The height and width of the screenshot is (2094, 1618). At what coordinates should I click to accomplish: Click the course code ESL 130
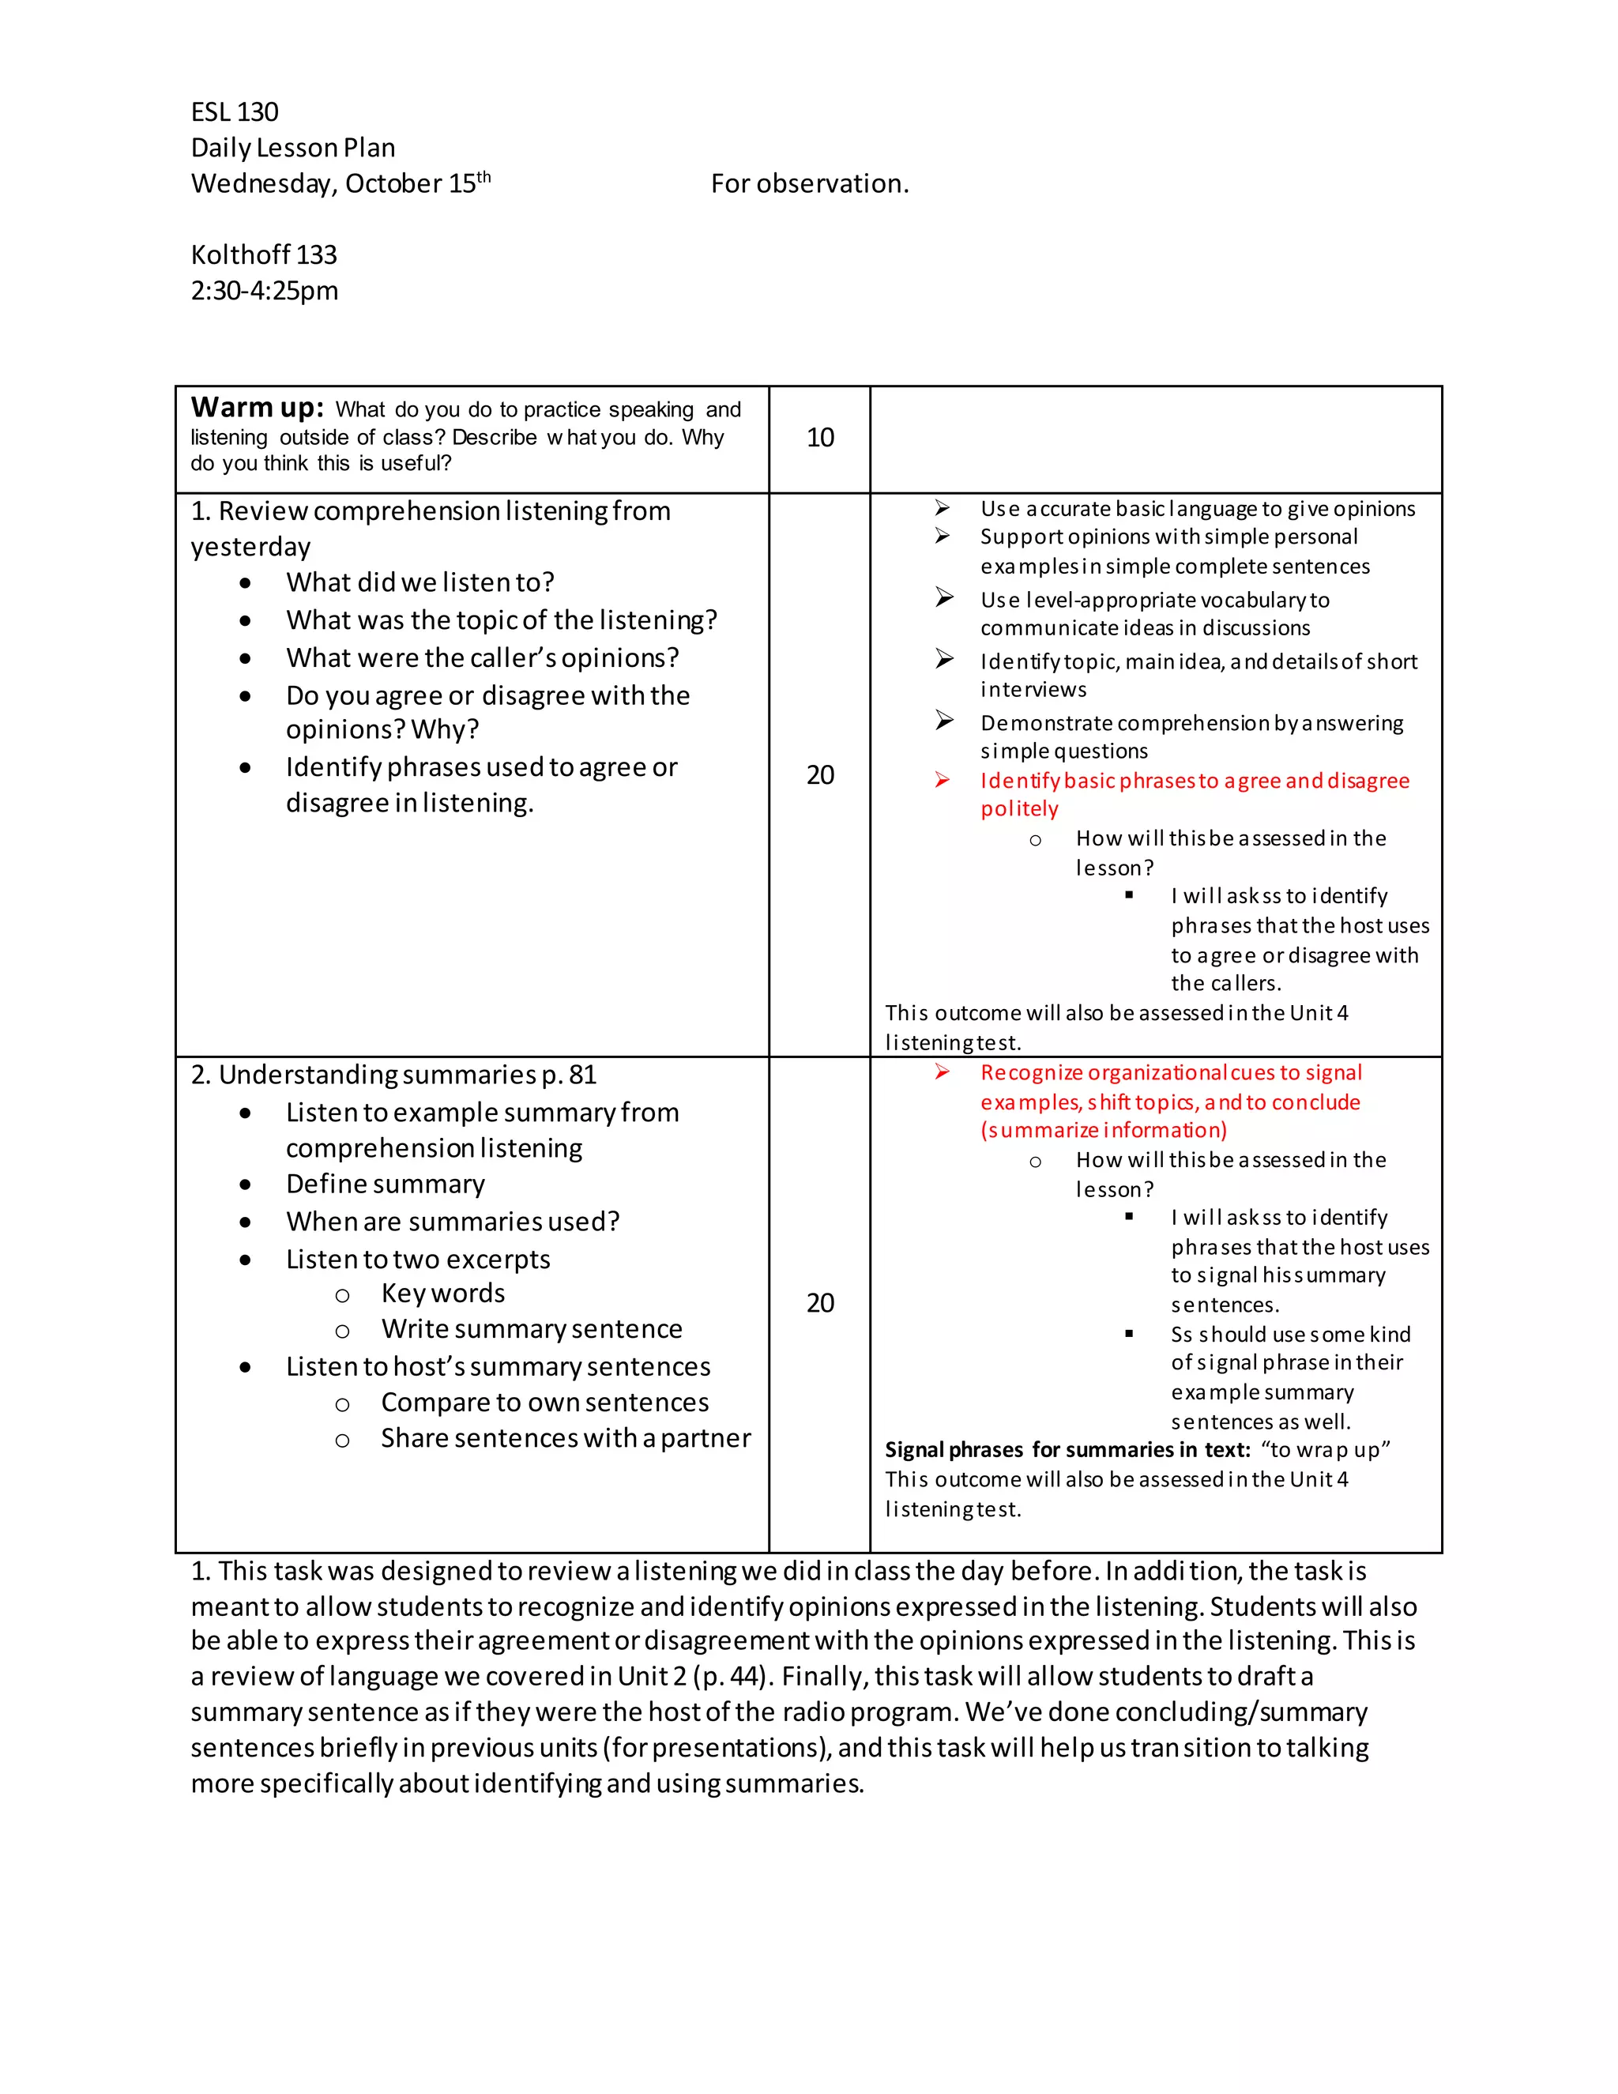(x=234, y=112)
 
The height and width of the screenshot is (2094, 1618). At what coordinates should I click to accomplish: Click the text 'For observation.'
(x=809, y=183)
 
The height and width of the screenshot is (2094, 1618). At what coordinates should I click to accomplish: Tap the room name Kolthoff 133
(x=264, y=255)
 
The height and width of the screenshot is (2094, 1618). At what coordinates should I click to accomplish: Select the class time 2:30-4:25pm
(x=264, y=291)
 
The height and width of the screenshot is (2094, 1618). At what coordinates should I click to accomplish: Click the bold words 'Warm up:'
(x=257, y=408)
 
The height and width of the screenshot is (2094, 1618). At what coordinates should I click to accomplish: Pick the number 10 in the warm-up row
(x=819, y=439)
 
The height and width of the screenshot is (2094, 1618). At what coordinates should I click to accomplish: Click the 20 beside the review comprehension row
(x=819, y=774)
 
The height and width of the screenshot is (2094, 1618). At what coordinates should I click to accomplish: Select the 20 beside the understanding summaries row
(x=819, y=1303)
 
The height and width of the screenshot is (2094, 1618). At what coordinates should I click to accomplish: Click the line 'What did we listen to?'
(x=420, y=583)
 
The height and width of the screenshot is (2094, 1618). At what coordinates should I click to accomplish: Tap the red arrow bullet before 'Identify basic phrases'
(x=943, y=781)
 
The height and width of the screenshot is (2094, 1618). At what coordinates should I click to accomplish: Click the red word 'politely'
(x=1019, y=809)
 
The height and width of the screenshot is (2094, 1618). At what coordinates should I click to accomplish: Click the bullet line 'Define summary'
(x=386, y=1184)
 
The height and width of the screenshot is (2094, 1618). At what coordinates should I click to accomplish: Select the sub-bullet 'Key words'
(x=443, y=1294)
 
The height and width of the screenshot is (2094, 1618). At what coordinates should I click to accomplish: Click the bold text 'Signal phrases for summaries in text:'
(x=1067, y=1450)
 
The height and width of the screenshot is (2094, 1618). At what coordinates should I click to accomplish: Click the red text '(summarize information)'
(x=1103, y=1131)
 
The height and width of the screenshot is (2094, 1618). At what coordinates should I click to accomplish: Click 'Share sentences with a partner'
(x=566, y=1438)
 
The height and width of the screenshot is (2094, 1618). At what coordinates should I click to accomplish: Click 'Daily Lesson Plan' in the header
(x=292, y=148)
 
